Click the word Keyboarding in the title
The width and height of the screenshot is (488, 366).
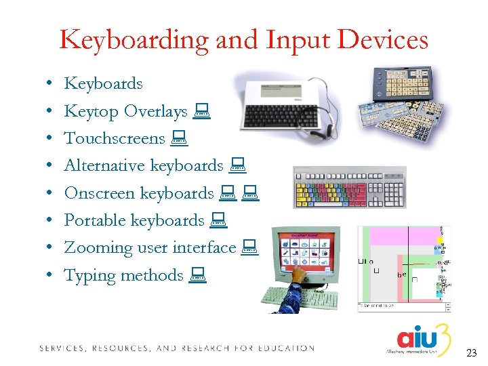(134, 41)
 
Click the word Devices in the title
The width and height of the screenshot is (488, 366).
(386, 41)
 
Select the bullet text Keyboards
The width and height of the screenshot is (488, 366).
(103, 84)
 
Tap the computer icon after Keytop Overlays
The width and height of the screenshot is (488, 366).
(201, 111)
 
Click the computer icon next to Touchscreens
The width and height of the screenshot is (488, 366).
(178, 139)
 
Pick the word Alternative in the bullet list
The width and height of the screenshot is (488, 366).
(104, 165)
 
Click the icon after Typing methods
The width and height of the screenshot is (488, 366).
(198, 275)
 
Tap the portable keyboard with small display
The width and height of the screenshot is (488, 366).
(283, 105)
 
